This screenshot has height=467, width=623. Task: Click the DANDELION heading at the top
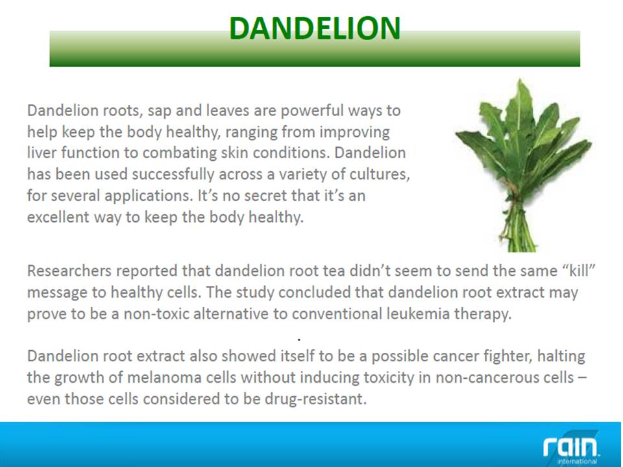click(x=315, y=28)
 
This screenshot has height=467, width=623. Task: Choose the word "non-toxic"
click(x=156, y=314)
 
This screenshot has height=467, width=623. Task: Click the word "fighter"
click(x=507, y=356)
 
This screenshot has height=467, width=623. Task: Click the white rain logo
click(x=570, y=447)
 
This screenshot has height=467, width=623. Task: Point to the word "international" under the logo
click(x=577, y=461)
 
